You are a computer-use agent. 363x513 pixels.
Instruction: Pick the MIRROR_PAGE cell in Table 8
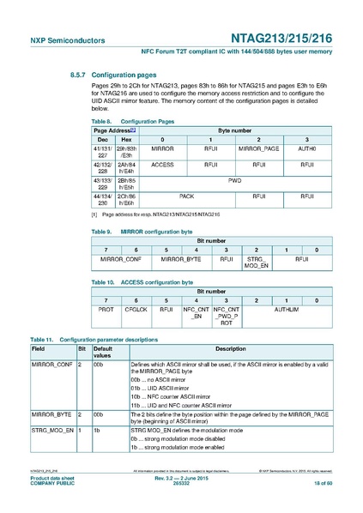(x=258, y=149)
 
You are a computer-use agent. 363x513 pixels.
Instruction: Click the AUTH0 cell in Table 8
(x=306, y=149)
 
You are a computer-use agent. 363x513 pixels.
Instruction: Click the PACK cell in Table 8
(x=185, y=196)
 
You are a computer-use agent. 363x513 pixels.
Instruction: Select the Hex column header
(x=126, y=138)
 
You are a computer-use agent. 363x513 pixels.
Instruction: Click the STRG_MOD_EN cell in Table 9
(x=256, y=261)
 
